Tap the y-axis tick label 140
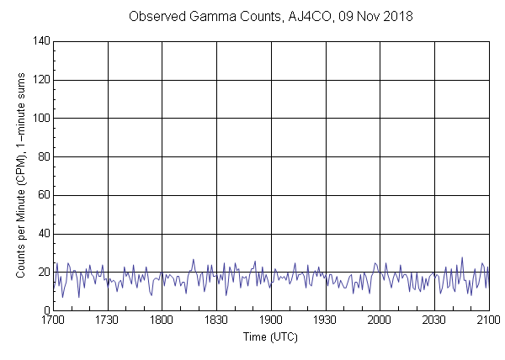coord(40,41)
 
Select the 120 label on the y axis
coord(40,80)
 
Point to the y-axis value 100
coord(40,119)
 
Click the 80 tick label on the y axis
coord(43,156)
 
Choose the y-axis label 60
coord(43,195)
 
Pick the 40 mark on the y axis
coord(43,234)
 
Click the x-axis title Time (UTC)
coord(270,336)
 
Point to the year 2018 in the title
coord(393,17)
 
